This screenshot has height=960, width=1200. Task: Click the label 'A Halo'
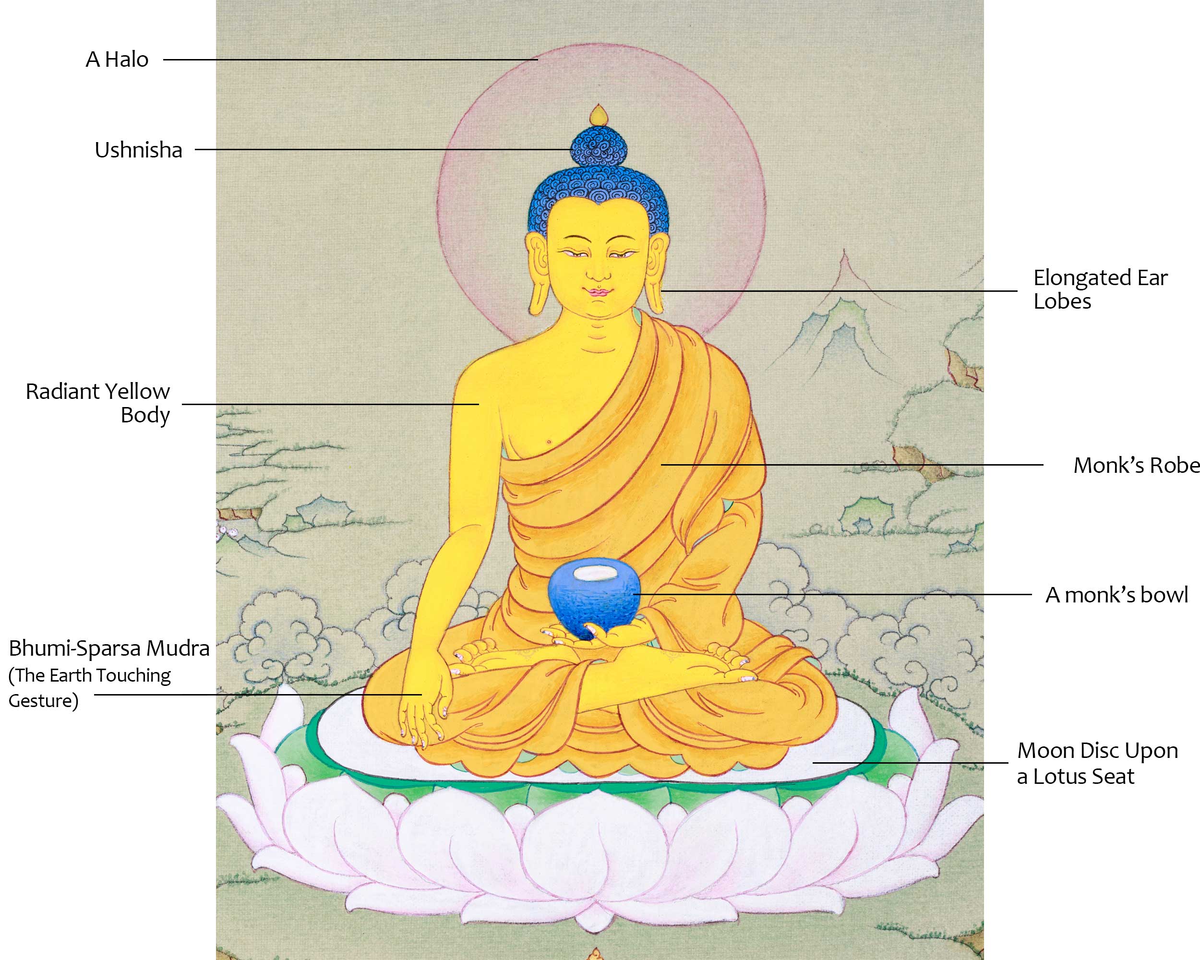coord(117,60)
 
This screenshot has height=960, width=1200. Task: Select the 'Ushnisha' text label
coord(139,150)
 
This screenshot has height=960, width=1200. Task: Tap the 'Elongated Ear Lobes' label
coord(1100,289)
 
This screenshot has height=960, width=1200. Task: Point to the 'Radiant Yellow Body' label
coord(98,403)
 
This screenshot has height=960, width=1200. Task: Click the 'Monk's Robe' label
coord(1135,465)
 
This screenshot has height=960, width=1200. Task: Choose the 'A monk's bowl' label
coord(1116,595)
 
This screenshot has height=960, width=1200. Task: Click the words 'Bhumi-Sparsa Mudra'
coord(109,648)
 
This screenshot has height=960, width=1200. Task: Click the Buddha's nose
coord(599,273)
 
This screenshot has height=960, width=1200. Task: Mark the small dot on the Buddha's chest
coord(549,443)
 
